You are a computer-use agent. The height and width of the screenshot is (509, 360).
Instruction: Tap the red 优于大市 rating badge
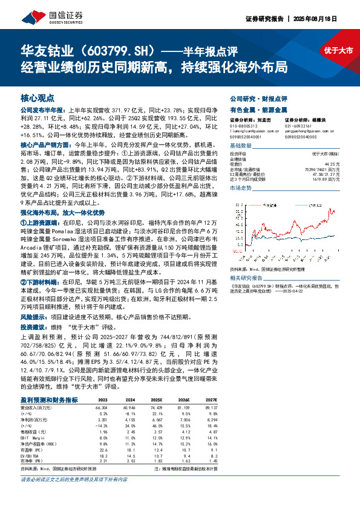click(338, 51)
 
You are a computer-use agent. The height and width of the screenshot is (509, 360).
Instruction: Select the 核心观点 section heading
click(37, 97)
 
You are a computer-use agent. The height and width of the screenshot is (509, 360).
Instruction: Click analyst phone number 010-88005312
click(243, 126)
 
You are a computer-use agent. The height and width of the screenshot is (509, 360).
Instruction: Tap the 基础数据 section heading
click(240, 146)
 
